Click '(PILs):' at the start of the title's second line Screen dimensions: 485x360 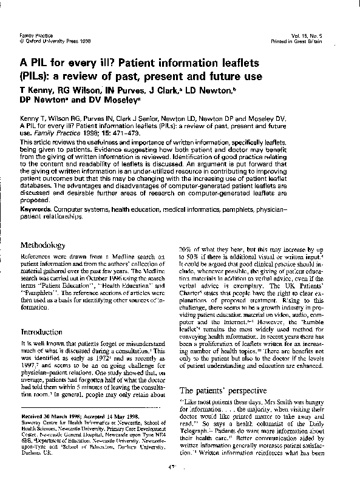36,78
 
